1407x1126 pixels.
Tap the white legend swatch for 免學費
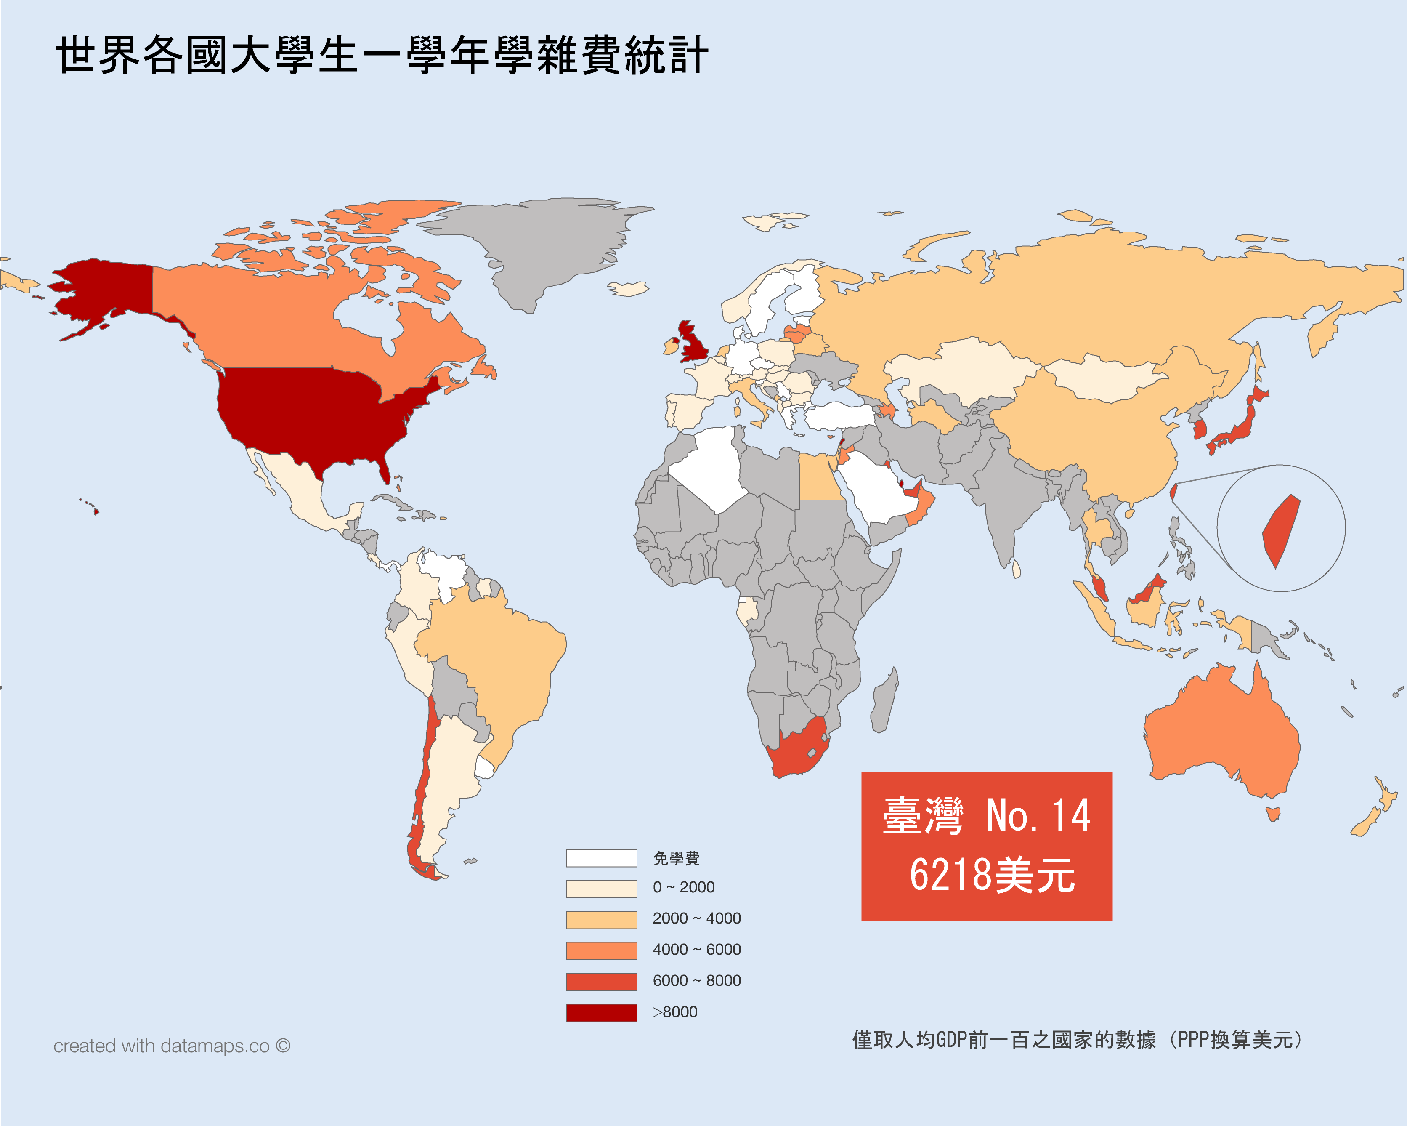[601, 858]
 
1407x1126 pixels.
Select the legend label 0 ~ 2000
[683, 887]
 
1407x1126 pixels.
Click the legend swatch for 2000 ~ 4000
[601, 919]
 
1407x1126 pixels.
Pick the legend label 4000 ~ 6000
[696, 949]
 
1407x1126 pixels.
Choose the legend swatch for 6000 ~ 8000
[601, 981]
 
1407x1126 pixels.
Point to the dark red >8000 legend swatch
[601, 1012]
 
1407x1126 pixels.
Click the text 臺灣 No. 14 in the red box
[986, 816]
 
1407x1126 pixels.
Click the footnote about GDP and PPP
[1077, 1040]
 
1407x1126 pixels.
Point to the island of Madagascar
[884, 702]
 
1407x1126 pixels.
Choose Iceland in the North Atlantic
[629, 288]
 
